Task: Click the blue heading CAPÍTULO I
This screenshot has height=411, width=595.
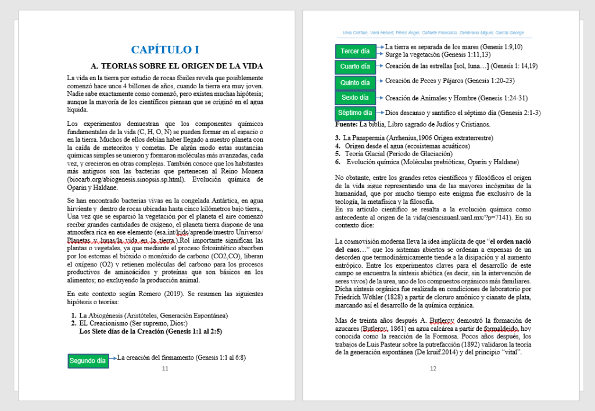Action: point(165,49)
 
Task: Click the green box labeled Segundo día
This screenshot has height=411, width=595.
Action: point(88,360)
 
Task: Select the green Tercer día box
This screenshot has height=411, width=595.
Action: point(355,51)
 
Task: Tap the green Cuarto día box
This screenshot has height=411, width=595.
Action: point(355,66)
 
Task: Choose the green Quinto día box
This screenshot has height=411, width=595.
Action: point(355,82)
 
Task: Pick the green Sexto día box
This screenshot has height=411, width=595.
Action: point(355,98)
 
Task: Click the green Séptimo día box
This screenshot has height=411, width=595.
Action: point(355,113)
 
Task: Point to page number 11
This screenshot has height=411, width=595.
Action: point(165,369)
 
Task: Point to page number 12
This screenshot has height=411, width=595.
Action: point(433,369)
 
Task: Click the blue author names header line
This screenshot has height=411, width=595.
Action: point(433,33)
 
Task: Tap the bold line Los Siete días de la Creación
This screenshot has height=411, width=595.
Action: point(150,331)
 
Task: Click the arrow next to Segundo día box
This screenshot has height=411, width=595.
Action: point(113,358)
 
